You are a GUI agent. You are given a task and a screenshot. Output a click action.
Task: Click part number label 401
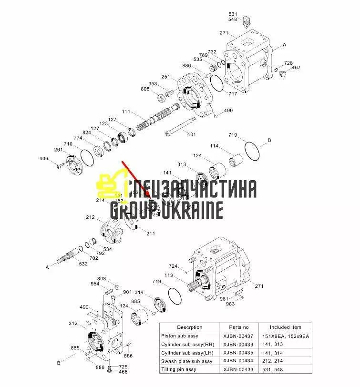coord(191,134)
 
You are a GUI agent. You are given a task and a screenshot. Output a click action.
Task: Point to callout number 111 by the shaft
coord(126,112)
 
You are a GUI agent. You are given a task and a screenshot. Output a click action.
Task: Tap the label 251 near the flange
coord(165,77)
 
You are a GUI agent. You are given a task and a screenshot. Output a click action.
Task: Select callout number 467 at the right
coord(296,68)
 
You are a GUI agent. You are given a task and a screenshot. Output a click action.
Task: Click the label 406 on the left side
coord(43,158)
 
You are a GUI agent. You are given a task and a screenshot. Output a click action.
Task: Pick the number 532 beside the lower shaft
coord(83,264)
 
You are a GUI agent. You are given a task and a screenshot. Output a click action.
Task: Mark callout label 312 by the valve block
coord(73,324)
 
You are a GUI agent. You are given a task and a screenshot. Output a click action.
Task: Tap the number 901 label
coord(127,292)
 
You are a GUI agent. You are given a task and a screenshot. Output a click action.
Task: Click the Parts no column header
coord(238,327)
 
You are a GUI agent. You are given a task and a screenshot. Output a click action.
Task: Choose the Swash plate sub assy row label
coord(187,361)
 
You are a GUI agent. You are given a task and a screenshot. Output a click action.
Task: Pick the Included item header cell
coord(286,327)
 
